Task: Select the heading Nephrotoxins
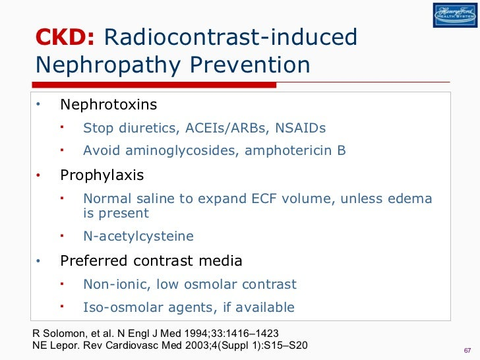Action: pos(109,105)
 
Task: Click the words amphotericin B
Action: pos(295,150)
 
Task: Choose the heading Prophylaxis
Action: pos(102,175)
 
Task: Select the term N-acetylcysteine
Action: pos(138,236)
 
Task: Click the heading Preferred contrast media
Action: pos(151,261)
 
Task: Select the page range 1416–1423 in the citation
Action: pos(255,333)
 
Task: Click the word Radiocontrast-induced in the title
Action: pos(231,38)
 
